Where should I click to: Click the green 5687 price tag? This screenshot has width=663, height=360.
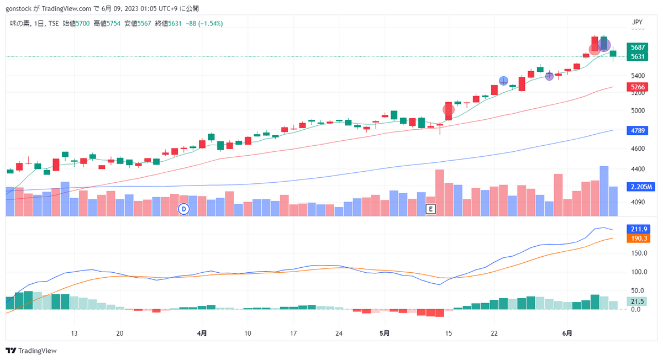637,47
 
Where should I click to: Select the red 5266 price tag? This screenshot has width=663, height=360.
637,87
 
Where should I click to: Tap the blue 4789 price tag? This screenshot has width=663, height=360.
637,130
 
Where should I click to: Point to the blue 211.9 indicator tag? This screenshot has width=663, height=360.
639,229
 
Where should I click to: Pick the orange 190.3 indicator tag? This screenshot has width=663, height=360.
639,239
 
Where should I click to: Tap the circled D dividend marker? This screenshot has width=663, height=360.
184,209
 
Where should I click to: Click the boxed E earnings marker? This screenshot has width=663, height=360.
430,209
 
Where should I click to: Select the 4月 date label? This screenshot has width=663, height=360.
202,333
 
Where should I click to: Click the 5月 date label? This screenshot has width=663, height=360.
385,333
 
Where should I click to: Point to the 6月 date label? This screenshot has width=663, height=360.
567,333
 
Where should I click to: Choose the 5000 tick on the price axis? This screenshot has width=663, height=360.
638,110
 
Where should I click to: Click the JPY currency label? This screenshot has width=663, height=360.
637,22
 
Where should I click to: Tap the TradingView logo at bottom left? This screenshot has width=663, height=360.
31,351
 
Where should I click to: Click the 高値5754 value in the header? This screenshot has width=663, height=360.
107,23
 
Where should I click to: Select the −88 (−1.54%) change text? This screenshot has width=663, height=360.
204,23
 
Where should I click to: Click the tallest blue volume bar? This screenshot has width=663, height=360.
604,191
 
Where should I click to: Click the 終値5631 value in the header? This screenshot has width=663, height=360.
168,23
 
